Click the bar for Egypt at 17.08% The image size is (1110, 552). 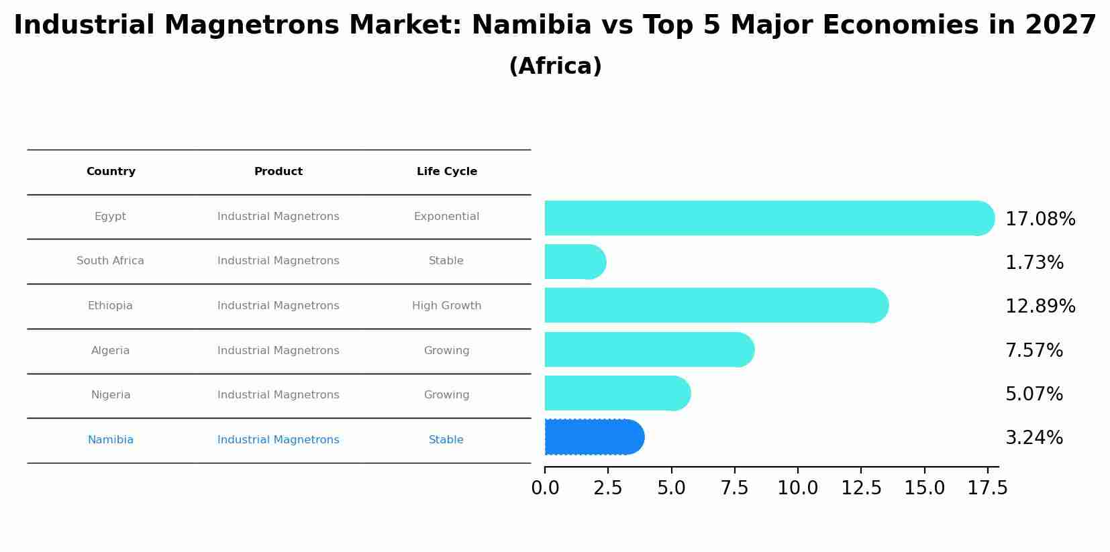click(x=765, y=218)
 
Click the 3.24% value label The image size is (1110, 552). click(x=1033, y=438)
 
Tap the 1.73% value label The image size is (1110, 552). click(x=1034, y=263)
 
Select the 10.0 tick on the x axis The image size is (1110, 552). click(x=797, y=488)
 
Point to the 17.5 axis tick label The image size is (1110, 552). click(x=987, y=488)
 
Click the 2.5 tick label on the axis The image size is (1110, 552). click(x=607, y=488)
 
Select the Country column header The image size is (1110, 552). click(x=111, y=172)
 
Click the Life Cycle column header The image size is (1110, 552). click(x=446, y=172)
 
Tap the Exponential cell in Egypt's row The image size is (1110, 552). click(x=446, y=217)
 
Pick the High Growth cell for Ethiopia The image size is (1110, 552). click(x=446, y=306)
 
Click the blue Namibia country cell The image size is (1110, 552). click(x=111, y=440)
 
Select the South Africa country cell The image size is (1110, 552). click(x=111, y=261)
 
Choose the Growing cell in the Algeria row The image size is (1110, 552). click(x=446, y=351)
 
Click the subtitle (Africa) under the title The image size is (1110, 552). click(x=555, y=66)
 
